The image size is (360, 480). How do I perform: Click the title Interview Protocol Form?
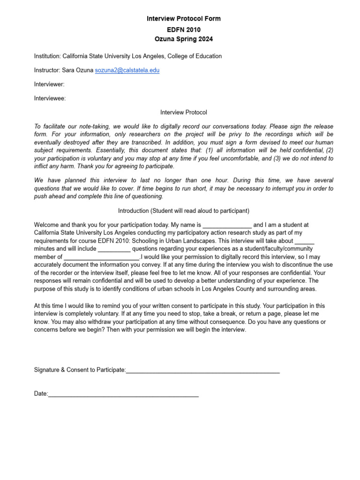pos(183,19)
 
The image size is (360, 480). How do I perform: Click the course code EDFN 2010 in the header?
pos(183,29)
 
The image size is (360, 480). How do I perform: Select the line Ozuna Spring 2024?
pos(183,39)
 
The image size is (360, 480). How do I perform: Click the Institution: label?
pos(47,56)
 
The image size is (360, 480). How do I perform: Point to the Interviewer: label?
pos(49,84)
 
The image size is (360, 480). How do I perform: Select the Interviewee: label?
pos(50,98)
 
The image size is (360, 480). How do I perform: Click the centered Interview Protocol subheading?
pos(183,112)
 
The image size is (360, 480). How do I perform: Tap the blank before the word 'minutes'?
pos(304,241)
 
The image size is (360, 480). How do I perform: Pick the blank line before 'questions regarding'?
pos(114,249)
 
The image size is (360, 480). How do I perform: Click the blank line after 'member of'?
pos(101,257)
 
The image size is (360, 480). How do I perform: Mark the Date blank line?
pos(123,395)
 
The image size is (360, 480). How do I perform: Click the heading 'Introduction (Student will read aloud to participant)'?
pos(183,211)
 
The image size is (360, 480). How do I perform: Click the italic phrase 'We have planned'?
pos(58,180)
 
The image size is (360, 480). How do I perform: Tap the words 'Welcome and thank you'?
pos(67,225)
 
